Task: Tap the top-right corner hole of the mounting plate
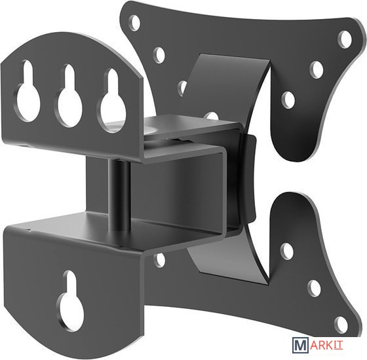pos(345,40)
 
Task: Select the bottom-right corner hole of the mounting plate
pos(340,323)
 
